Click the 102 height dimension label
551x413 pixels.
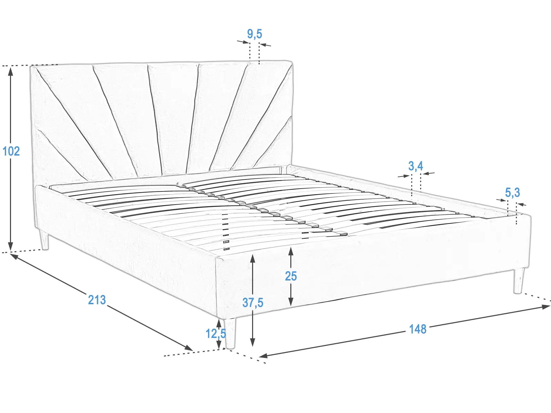[11, 151]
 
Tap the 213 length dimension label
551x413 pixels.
[97, 300]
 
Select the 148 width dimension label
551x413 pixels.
[418, 329]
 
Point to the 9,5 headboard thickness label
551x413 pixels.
[254, 34]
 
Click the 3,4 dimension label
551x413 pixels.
[416, 166]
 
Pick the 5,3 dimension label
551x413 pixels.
[512, 193]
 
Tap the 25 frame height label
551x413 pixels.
[291, 276]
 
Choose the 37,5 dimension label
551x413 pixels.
[253, 303]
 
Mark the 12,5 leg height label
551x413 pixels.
[216, 333]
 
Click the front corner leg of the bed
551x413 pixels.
[230, 333]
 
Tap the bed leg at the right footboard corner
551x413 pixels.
[518, 280]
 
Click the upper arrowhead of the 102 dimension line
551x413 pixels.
[11, 72]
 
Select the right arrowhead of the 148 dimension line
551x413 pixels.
[545, 307]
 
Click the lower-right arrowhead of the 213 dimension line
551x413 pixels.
[188, 348]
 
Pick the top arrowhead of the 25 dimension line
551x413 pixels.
[291, 252]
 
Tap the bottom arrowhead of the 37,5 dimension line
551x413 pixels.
[252, 342]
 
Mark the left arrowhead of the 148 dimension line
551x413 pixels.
[264, 355]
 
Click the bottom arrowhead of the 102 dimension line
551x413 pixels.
[11, 246]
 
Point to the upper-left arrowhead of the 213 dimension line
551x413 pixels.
[14, 256]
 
